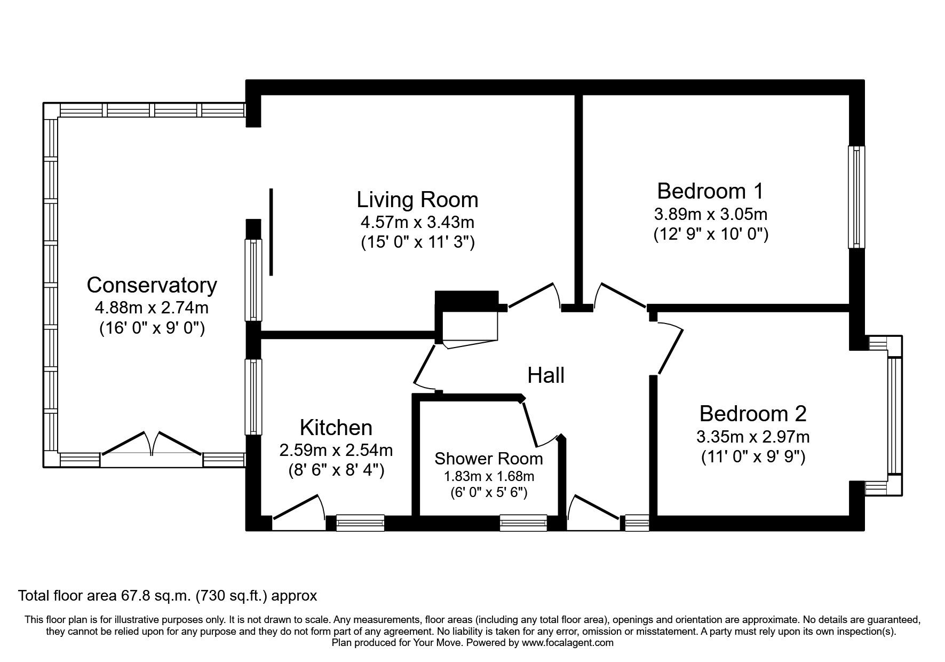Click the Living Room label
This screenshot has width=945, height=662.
[417, 200]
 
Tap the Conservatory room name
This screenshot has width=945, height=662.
[152, 285]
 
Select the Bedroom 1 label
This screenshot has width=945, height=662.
[710, 191]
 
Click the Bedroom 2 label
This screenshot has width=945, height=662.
[753, 414]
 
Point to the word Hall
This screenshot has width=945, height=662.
[546, 375]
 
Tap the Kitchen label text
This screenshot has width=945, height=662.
[336, 428]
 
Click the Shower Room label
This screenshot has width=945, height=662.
[488, 458]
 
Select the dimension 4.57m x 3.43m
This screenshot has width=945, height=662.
[417, 221]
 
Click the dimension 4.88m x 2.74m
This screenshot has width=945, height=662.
[152, 308]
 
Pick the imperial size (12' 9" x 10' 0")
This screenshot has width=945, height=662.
[711, 234]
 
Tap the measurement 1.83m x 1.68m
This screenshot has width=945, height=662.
[488, 476]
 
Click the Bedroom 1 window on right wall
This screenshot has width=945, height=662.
[856, 198]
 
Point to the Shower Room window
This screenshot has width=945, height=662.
[523, 523]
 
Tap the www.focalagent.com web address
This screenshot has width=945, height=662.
[567, 643]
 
